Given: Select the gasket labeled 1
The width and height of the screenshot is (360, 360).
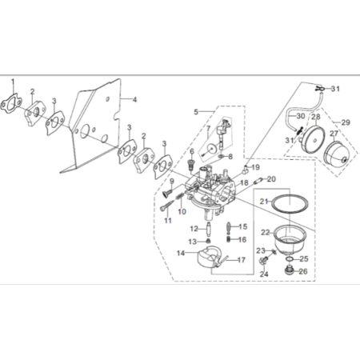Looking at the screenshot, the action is (x=11, y=104).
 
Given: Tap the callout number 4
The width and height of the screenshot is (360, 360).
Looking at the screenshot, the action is (x=134, y=100).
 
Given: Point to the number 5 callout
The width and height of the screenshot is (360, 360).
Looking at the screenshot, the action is (x=196, y=112).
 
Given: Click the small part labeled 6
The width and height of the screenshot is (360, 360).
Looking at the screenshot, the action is (x=191, y=165).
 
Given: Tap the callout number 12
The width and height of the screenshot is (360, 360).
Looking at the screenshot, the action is (x=194, y=229).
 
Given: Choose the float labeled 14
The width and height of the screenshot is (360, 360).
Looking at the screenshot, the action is (x=209, y=257).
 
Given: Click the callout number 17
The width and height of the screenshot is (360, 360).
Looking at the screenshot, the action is (x=242, y=260).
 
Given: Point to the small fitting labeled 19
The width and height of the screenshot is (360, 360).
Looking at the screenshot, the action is (x=246, y=170).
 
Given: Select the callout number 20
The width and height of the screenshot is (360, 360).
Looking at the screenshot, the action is (x=271, y=179).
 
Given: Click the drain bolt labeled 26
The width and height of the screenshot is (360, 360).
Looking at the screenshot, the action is (x=290, y=270).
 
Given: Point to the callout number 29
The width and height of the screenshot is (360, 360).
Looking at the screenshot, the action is (x=346, y=122).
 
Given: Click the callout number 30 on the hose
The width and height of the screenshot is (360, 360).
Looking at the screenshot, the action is (x=301, y=116).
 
